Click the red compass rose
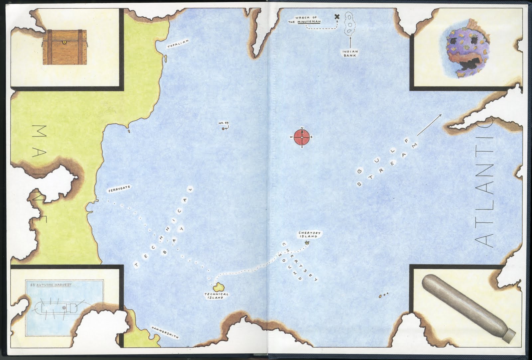(x=302, y=137)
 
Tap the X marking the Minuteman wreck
(x=337, y=17)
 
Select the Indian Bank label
(x=350, y=54)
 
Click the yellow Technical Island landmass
(x=219, y=286)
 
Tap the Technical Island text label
(x=216, y=296)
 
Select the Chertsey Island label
(x=309, y=235)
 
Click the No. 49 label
(x=223, y=124)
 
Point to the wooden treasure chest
(x=65, y=47)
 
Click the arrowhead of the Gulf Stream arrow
(x=441, y=115)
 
